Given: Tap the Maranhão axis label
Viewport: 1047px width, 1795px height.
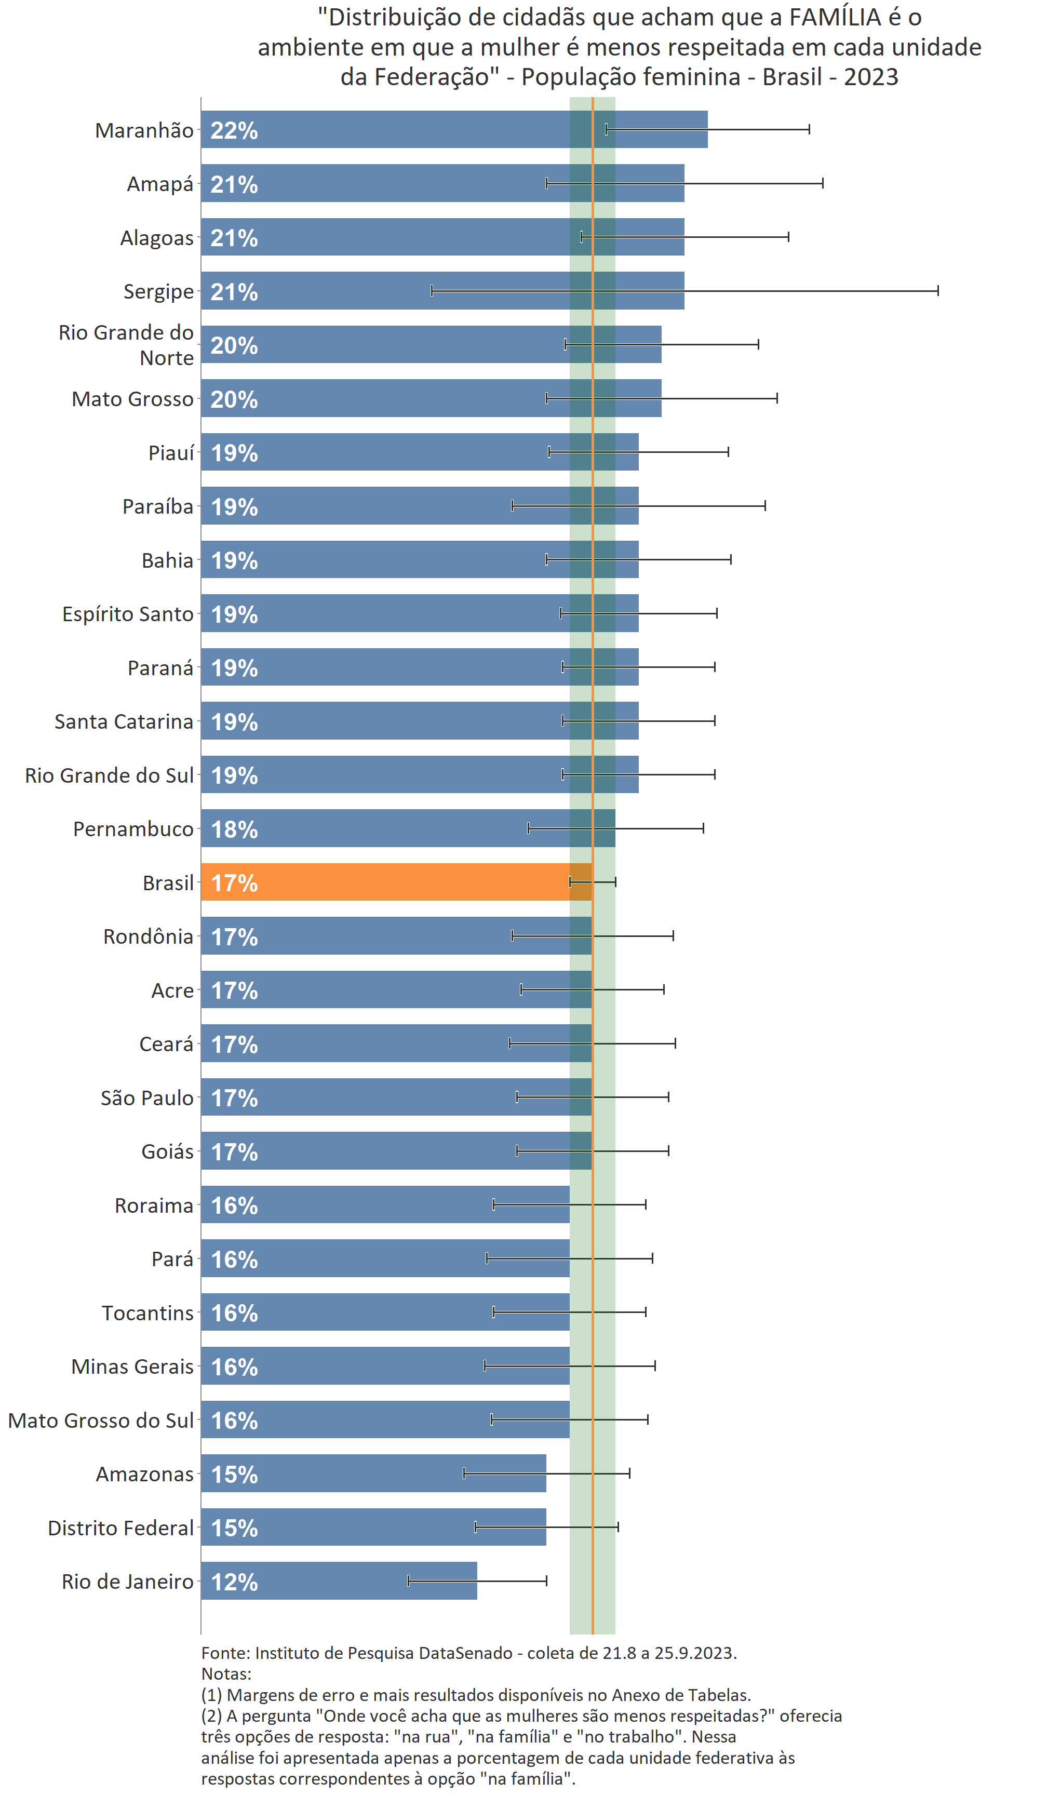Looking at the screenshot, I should pos(144,130).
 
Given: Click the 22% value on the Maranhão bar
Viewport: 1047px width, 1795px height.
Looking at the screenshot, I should pos(234,130).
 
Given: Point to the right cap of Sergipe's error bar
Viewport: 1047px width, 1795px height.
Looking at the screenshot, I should pos(937,291).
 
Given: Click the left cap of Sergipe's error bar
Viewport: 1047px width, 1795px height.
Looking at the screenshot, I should pos(432,291).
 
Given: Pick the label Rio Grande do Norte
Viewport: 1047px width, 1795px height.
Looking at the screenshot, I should pos(126,345).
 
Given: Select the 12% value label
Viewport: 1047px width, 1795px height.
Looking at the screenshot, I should pos(234,1582).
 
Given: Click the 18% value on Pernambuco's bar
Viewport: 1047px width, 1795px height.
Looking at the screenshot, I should pos(234,829).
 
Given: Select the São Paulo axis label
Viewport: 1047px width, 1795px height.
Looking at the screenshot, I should pos(147,1097).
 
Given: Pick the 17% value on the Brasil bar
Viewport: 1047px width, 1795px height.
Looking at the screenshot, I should pos(234,882).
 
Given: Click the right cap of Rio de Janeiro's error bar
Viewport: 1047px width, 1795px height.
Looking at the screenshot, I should pos(546,1580).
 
